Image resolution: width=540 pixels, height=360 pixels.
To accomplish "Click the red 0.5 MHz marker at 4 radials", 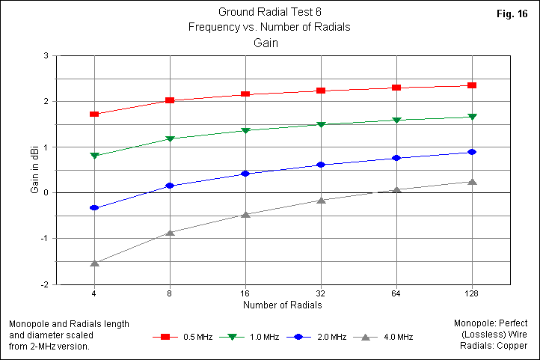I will pos(94,114).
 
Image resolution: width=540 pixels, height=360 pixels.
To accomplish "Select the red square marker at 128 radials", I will pos(472,85).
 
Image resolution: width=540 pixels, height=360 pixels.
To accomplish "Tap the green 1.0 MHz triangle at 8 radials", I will pos(170,139).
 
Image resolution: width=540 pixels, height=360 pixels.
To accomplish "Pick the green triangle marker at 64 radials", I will pos(396,120).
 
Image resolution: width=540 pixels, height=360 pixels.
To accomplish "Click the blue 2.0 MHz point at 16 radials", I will pos(245,174).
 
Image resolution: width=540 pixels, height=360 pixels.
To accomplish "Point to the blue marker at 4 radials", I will pos(94,207).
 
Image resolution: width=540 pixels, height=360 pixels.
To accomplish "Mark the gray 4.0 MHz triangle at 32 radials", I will pos(321,200).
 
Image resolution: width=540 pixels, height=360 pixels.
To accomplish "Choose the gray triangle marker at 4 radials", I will pos(94,263).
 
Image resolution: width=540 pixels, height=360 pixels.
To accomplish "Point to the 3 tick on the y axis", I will pos(46,55).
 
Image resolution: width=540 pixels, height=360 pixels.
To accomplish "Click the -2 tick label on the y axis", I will pos(45,284).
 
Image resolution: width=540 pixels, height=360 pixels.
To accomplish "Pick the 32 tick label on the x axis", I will pos(321,294).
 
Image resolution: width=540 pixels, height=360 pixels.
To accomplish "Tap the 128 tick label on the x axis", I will pos(471,294).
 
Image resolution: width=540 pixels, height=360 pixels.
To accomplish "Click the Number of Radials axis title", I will pos(282,305).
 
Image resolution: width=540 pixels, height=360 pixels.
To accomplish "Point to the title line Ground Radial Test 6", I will pos(271,12).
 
